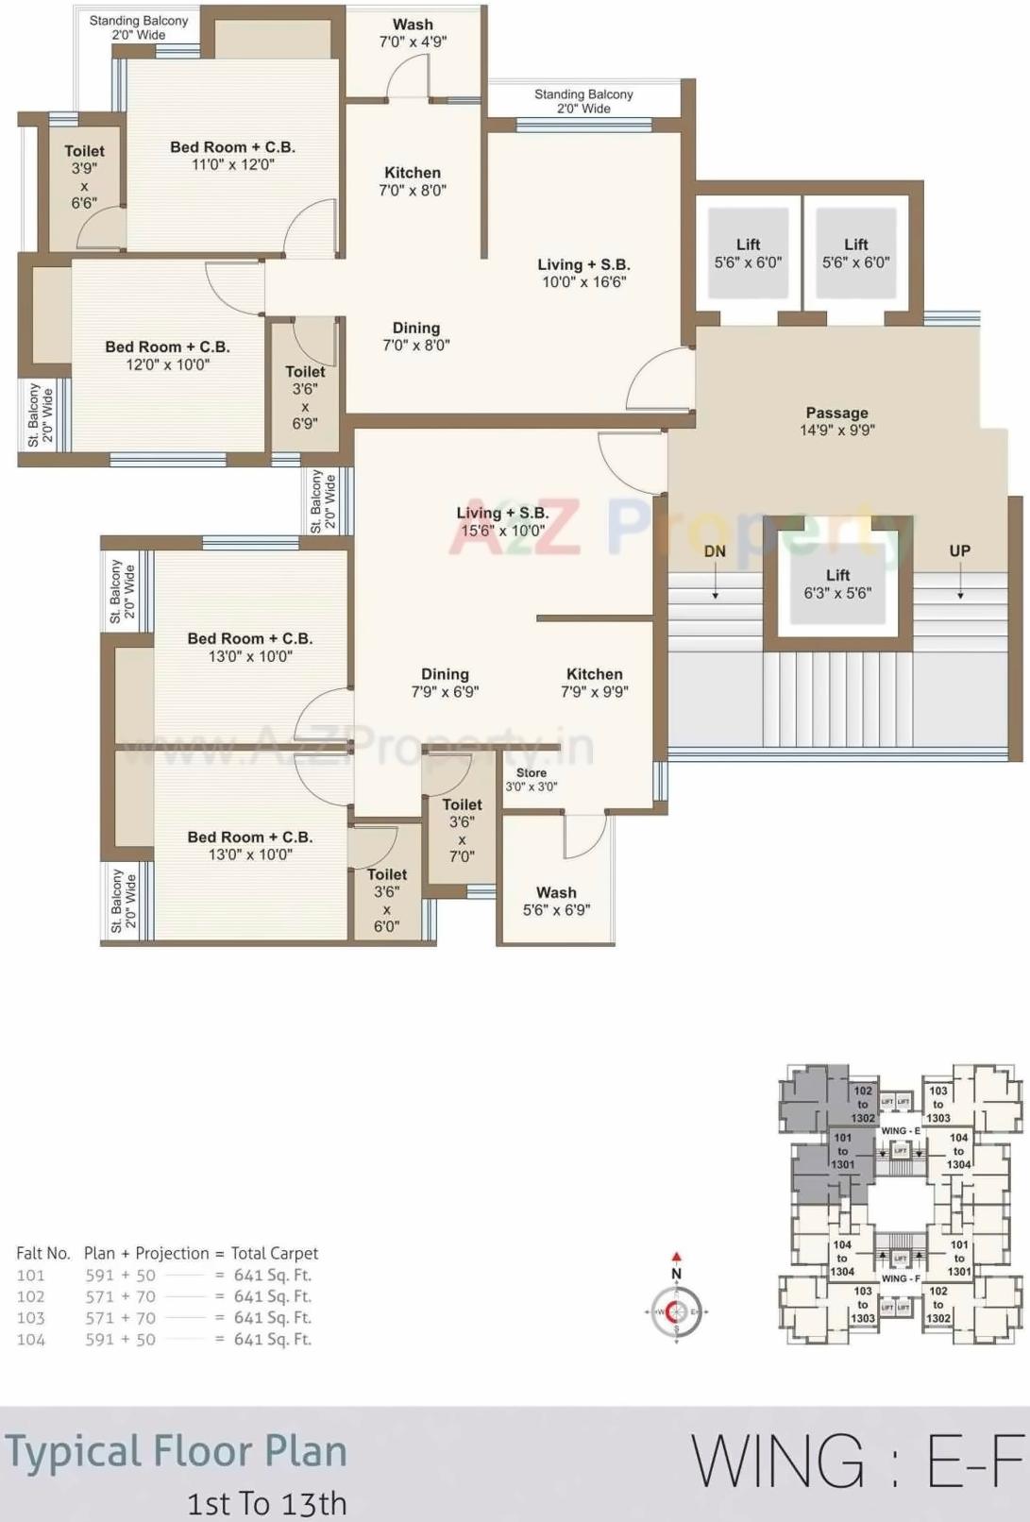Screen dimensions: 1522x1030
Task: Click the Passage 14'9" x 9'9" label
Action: point(836,421)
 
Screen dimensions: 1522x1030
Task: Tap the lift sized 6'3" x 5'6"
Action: point(837,583)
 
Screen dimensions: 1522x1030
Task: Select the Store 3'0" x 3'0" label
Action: point(531,779)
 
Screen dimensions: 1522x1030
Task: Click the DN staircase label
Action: point(715,551)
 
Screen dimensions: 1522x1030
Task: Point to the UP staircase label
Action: point(959,550)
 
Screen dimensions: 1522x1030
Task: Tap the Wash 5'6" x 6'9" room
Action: point(556,900)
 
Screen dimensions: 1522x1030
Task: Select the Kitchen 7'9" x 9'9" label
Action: point(594,682)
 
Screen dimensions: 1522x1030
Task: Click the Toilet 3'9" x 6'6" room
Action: point(84,177)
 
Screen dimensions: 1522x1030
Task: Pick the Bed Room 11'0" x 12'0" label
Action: point(232,155)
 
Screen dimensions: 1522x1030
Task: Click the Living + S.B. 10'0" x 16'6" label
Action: point(583,273)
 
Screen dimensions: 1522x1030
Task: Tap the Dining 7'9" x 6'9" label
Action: point(445,682)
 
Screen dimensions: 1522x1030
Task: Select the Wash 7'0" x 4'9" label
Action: point(413,33)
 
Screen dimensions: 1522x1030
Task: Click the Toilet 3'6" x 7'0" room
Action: point(462,830)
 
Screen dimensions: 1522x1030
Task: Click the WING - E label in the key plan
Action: point(900,1130)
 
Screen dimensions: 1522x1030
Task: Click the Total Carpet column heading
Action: point(274,1253)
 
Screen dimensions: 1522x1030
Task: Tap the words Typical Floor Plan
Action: point(177,1451)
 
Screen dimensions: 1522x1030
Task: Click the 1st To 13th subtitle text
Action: point(267,1503)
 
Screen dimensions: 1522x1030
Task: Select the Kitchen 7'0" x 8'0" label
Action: point(413,180)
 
